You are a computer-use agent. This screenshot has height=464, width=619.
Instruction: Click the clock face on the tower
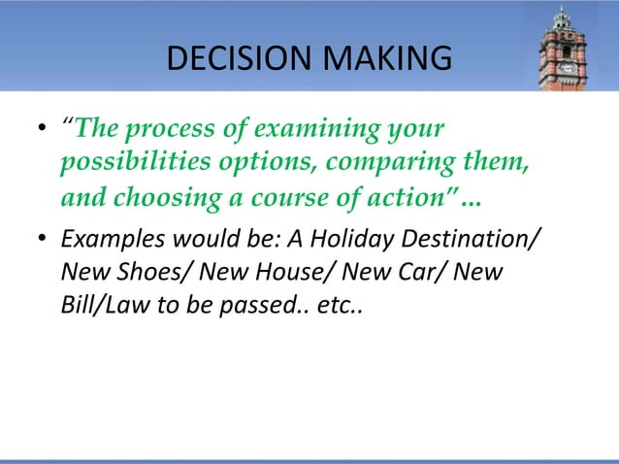(567, 68)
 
